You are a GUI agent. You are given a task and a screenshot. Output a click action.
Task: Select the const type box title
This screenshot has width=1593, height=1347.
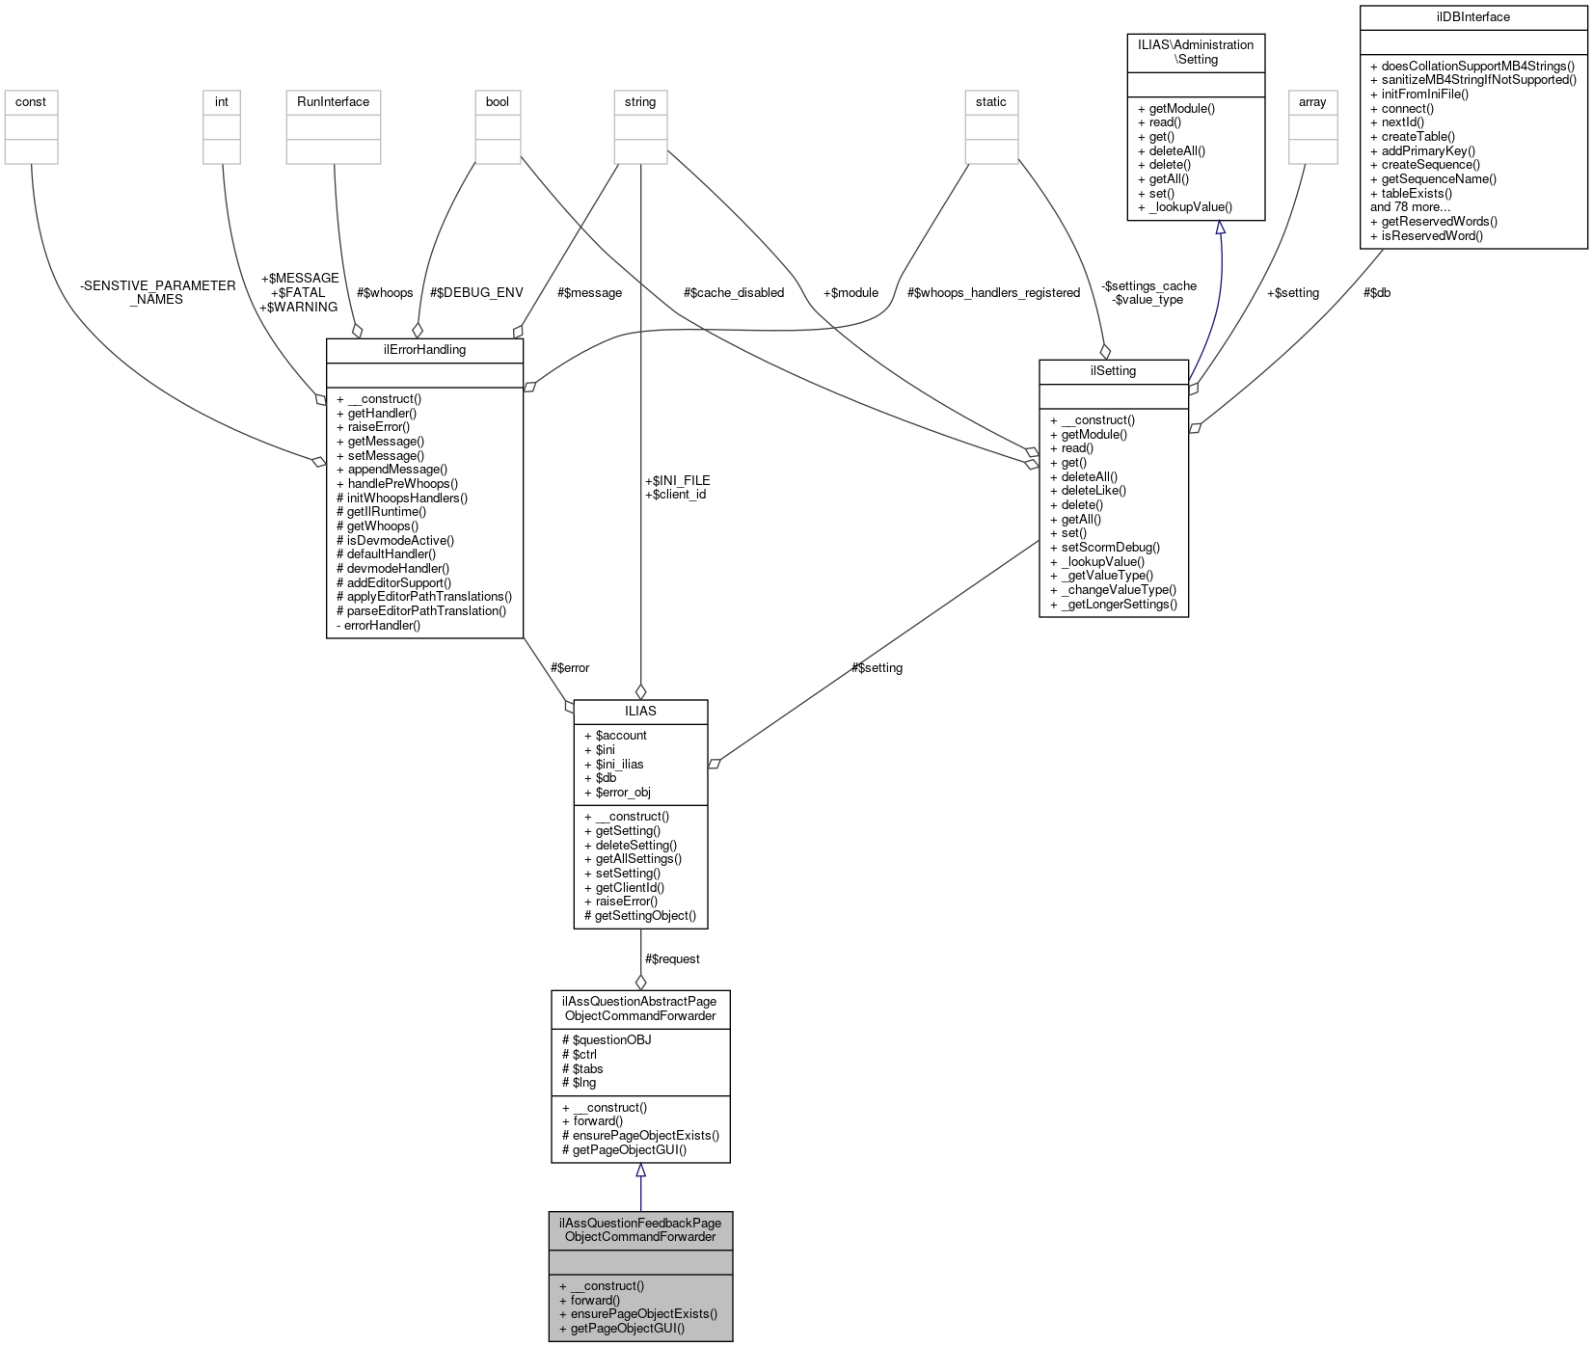click(x=31, y=102)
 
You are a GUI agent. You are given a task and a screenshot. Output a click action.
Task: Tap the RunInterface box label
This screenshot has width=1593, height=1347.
click(x=334, y=102)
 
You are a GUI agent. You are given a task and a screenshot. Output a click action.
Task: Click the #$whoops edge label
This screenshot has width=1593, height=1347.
click(x=385, y=293)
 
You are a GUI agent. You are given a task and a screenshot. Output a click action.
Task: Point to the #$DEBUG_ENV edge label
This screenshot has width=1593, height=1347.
click(x=476, y=293)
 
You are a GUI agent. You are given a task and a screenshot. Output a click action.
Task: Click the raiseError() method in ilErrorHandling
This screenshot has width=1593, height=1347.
click(x=378, y=427)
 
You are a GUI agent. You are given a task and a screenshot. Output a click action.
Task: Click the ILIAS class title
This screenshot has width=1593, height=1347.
click(x=640, y=712)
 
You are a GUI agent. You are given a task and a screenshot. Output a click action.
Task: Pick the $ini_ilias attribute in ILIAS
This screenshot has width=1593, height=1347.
click(x=619, y=765)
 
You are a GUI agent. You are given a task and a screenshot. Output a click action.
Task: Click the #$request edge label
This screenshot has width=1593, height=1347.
click(x=672, y=959)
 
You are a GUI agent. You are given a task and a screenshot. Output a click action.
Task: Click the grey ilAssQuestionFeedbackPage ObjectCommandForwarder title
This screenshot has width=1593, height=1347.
click(x=640, y=1230)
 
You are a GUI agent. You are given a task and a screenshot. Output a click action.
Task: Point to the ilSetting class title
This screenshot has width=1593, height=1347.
click(x=1113, y=371)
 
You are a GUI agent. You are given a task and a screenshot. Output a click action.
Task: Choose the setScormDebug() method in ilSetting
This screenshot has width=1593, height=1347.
click(x=1110, y=548)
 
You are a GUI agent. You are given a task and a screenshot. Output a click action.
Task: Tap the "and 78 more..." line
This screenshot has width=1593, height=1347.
click(x=1410, y=207)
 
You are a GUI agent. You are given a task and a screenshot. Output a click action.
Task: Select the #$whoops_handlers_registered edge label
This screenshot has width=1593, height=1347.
click(x=993, y=293)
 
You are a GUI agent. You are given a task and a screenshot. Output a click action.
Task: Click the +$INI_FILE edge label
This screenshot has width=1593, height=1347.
click(x=677, y=480)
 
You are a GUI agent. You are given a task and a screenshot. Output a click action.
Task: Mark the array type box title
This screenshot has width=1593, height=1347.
click(x=1312, y=102)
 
